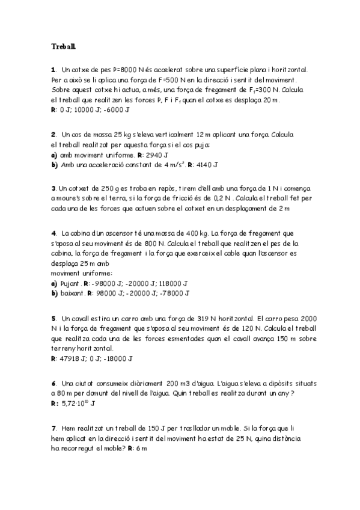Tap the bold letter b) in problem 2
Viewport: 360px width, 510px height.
coord(55,164)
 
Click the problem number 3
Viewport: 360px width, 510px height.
coord(53,188)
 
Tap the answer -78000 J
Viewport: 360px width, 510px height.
coord(174,293)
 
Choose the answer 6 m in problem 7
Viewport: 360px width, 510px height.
coord(142,448)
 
